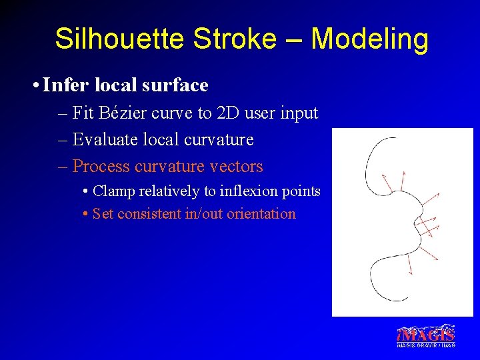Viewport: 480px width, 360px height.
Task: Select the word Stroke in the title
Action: [234, 39]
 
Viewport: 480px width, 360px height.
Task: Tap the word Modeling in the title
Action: [369, 39]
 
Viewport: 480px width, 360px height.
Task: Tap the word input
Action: [300, 113]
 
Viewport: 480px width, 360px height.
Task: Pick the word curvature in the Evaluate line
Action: [217, 140]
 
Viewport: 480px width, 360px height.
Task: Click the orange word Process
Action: [101, 167]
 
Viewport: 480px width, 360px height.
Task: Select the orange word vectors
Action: [235, 167]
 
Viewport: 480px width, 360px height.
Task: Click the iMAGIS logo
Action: [426, 333]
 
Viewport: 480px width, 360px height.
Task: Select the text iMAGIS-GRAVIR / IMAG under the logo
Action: [426, 345]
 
